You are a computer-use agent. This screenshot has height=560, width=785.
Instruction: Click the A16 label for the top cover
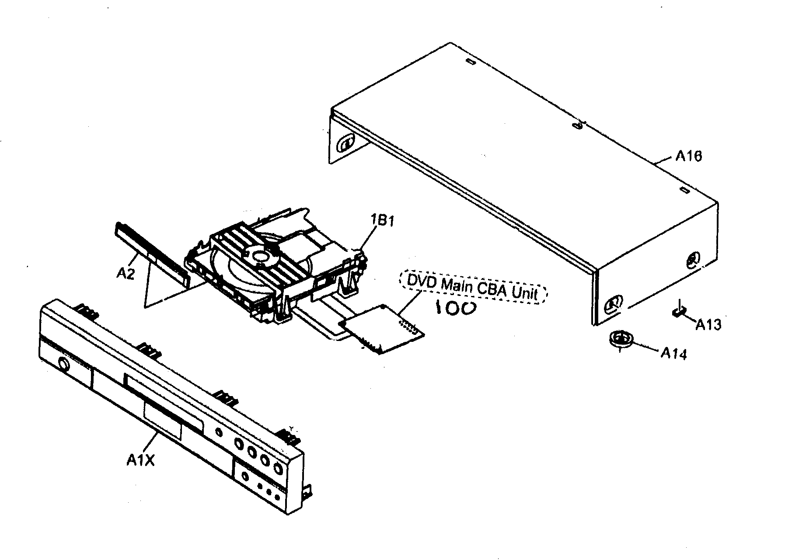point(688,156)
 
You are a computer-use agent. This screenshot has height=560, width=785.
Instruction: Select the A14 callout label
point(673,353)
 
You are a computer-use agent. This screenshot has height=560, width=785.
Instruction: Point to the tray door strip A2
point(153,254)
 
